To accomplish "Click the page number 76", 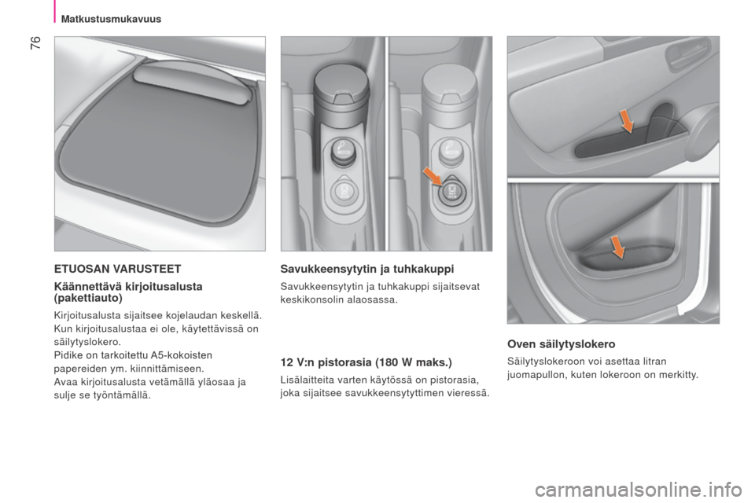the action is (35, 42).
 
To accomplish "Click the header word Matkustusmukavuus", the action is (111, 19).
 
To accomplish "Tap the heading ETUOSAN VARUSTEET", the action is (117, 269).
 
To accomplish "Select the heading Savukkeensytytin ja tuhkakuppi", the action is (367, 269).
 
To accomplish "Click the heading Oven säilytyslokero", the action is (561, 344).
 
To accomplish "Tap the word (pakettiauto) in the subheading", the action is (89, 298).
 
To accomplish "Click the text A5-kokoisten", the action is (182, 355).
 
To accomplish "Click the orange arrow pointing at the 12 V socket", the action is (433, 176).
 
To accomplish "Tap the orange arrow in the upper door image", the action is (626, 121).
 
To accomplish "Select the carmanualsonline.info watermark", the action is (638, 490).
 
